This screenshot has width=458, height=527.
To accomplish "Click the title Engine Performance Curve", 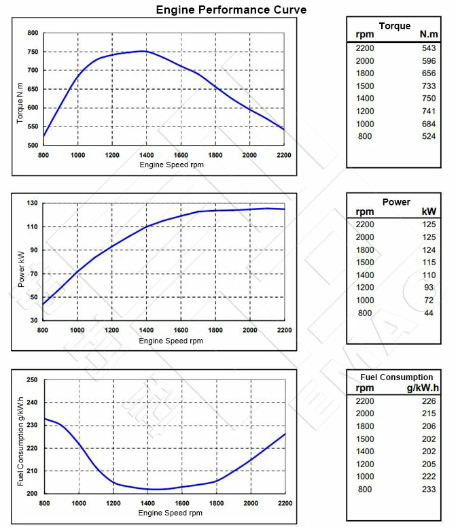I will coord(231,10).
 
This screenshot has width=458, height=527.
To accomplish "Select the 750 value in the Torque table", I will coord(428,99).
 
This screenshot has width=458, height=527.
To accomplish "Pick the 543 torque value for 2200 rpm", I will coord(428,48).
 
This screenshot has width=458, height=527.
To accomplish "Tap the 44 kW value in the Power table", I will coord(428,313).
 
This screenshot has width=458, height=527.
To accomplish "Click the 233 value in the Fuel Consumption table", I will coord(428,489).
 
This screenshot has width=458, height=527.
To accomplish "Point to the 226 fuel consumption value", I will coord(428,401).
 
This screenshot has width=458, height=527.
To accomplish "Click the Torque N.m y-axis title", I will coord(20,103).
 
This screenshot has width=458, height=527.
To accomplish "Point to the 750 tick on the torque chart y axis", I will coord(32,52).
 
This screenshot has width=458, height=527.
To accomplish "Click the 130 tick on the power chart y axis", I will coord(32,203).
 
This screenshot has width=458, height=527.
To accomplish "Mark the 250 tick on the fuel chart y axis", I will coord(32,379).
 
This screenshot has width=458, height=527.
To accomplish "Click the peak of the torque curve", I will coord(143,51).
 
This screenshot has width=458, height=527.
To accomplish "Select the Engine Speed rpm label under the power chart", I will coord(171,341).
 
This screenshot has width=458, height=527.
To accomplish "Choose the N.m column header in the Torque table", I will coord(428,35).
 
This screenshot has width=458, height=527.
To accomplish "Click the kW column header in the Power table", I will coord(429,211).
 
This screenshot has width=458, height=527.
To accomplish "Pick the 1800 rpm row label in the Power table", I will coord(365,250).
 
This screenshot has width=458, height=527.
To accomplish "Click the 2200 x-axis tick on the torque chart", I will coord(284,155).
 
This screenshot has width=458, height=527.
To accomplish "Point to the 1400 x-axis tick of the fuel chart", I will coord(147,503).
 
